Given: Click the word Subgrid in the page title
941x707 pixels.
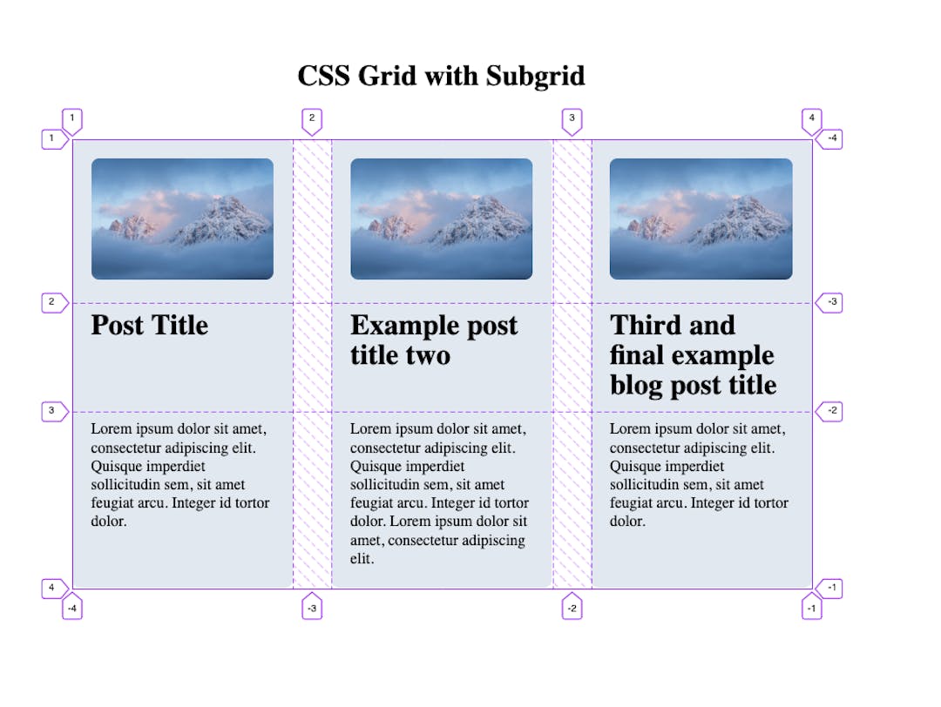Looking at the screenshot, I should (535, 77).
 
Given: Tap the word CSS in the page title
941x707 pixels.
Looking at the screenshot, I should (323, 77).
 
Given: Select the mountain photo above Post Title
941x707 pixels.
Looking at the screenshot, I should (182, 219).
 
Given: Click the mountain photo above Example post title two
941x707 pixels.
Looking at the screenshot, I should (441, 219).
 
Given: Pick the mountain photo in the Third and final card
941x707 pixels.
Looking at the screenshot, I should (701, 219).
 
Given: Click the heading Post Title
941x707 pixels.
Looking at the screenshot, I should (150, 326).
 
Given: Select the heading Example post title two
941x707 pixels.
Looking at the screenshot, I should (434, 340).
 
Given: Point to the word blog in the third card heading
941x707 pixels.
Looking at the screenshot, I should (637, 385).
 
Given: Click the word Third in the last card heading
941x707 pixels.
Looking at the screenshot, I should (645, 326).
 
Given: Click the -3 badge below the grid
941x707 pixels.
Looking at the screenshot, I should (312, 609).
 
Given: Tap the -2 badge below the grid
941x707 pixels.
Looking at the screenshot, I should (572, 609).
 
